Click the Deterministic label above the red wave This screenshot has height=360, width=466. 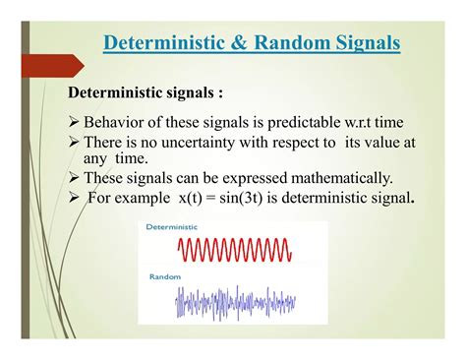tap(171, 227)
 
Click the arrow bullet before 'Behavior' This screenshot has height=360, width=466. tap(75, 122)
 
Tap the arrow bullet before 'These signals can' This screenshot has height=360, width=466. tap(75, 178)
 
